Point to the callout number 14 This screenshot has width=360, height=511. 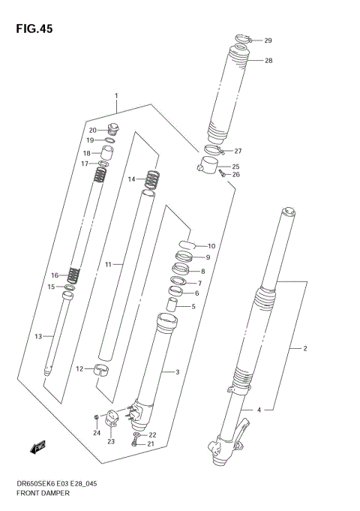[130, 179]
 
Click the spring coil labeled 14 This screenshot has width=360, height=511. [151, 180]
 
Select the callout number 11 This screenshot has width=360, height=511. [108, 265]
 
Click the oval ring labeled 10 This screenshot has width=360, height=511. [187, 245]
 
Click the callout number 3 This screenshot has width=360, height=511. [177, 372]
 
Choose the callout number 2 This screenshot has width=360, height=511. [305, 349]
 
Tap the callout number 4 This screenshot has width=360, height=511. [258, 410]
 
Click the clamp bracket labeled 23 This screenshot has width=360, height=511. [114, 416]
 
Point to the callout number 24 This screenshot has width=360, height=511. [96, 433]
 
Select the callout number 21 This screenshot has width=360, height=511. [152, 444]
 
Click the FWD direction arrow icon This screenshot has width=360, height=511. [36, 449]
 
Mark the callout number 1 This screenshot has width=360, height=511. [116, 96]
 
